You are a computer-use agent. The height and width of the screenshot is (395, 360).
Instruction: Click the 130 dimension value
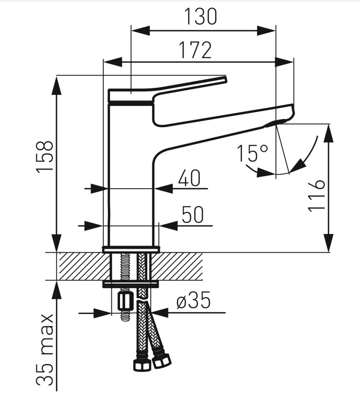click(201, 17)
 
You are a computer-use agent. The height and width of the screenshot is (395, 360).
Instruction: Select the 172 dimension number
click(195, 50)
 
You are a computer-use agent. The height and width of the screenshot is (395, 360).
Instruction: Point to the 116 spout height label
click(316, 196)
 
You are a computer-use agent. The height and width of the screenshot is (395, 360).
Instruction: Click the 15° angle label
click(252, 153)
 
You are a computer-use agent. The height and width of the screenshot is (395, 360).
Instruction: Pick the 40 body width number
click(189, 178)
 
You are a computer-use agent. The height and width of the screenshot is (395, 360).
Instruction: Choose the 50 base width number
click(193, 214)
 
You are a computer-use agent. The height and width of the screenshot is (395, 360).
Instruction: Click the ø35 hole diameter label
click(194, 300)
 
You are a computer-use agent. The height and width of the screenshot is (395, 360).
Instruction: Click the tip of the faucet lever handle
click(225, 79)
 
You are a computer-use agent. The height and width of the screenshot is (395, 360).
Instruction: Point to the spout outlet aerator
click(276, 123)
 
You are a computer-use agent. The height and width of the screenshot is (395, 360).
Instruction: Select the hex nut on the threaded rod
click(125, 302)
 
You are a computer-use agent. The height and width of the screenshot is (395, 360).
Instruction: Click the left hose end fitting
click(142, 363)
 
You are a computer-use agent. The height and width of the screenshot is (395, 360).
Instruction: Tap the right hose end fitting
click(161, 360)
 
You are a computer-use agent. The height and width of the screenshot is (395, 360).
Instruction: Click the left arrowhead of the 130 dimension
click(141, 31)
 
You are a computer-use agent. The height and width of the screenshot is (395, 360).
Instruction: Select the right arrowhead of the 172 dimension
click(284, 62)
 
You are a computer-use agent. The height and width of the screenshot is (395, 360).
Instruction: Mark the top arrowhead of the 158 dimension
click(56, 85)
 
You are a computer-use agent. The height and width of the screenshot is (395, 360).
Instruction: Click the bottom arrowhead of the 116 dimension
click(329, 243)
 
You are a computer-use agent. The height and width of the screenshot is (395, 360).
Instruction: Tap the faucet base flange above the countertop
click(131, 249)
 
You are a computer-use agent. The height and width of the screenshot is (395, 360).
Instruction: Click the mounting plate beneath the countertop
click(131, 284)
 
